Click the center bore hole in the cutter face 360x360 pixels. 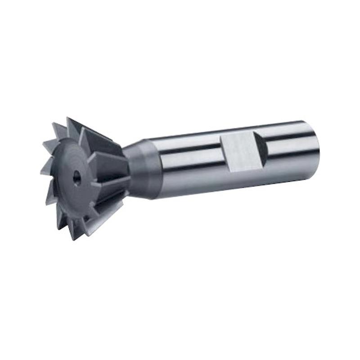click(77, 178)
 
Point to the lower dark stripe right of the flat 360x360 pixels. click(288, 155)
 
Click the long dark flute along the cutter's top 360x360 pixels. click(97, 135)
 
